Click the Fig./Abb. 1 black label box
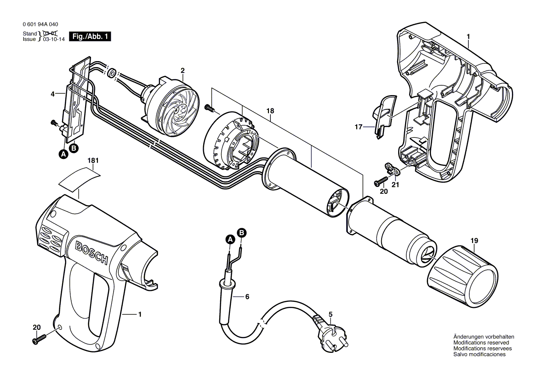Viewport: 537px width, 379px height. point(90,37)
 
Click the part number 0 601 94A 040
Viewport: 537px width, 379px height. point(40,24)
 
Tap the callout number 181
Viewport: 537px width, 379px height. point(93,160)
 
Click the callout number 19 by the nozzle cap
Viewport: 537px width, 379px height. point(474,241)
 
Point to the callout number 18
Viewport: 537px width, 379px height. point(270,111)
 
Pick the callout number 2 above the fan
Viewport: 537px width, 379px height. point(183,70)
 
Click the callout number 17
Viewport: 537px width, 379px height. point(358,127)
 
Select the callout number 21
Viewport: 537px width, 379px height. point(395,185)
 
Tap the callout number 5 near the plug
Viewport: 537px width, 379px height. point(331,314)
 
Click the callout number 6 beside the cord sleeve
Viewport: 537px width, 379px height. point(247,297)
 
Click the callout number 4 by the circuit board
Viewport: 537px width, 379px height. point(52,94)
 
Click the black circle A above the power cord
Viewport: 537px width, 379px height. point(230,240)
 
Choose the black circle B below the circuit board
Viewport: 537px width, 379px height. point(73,148)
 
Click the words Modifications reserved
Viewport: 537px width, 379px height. point(481,343)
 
